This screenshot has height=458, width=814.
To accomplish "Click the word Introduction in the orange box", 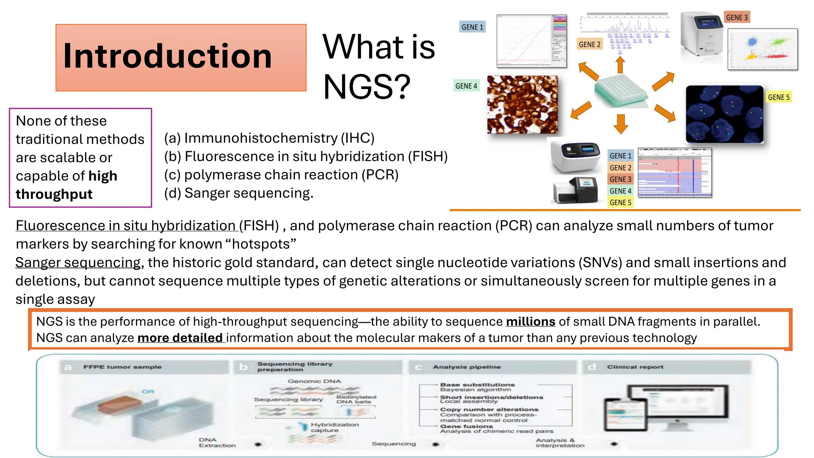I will click(x=167, y=56).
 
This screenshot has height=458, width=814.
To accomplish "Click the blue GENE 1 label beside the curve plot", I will click(x=472, y=27).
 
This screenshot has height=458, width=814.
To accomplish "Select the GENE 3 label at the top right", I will click(x=736, y=17).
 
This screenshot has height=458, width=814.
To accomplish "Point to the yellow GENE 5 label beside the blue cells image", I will click(x=778, y=97).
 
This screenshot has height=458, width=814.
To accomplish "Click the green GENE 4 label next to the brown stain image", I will click(x=466, y=86).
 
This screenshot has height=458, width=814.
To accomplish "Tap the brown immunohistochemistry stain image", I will click(x=522, y=105).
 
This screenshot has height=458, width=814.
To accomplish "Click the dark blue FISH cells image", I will click(x=724, y=114).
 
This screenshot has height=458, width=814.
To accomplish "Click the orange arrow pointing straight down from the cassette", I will click(x=620, y=124).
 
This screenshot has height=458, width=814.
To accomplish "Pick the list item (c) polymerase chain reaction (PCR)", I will click(x=281, y=175).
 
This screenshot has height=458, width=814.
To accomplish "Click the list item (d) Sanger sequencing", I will click(x=238, y=193).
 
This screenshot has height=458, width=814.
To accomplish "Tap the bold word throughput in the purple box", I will click(x=54, y=194).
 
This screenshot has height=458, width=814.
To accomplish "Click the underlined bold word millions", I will click(x=530, y=322).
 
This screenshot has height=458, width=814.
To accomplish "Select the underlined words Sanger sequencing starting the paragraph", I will click(x=78, y=263).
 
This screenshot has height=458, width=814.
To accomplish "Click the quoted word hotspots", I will click(x=261, y=244).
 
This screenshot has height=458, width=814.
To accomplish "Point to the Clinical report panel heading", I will click(x=635, y=367).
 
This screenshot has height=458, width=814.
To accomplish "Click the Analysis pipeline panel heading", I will click(x=467, y=367).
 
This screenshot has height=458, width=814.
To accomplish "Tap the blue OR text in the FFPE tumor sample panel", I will click(x=148, y=392).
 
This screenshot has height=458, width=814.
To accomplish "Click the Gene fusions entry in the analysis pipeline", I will click(x=466, y=426).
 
